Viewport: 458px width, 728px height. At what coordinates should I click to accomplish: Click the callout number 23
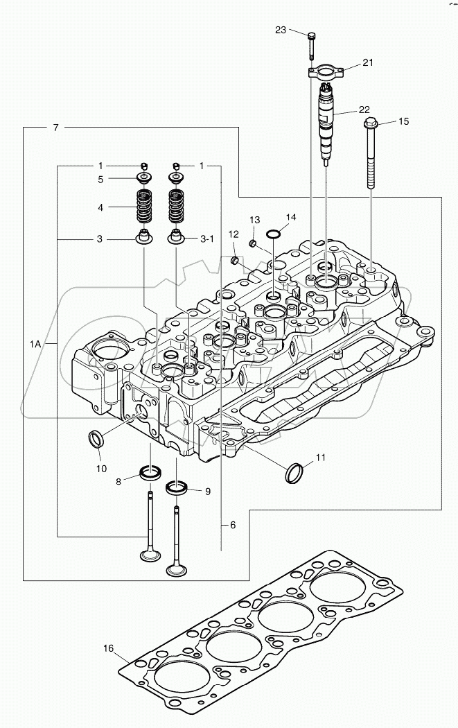click(x=280, y=30)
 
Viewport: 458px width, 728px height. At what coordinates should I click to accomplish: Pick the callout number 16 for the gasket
click(x=109, y=648)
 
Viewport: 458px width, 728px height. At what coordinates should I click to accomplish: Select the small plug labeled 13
click(x=253, y=243)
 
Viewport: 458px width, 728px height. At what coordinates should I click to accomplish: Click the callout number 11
click(x=320, y=458)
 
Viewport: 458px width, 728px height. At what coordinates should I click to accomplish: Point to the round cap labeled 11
click(x=294, y=474)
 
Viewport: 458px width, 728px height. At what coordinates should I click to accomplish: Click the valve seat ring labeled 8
click(x=150, y=474)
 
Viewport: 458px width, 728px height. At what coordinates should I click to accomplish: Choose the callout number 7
click(x=55, y=128)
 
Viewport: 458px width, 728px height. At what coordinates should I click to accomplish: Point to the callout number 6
click(x=233, y=525)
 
